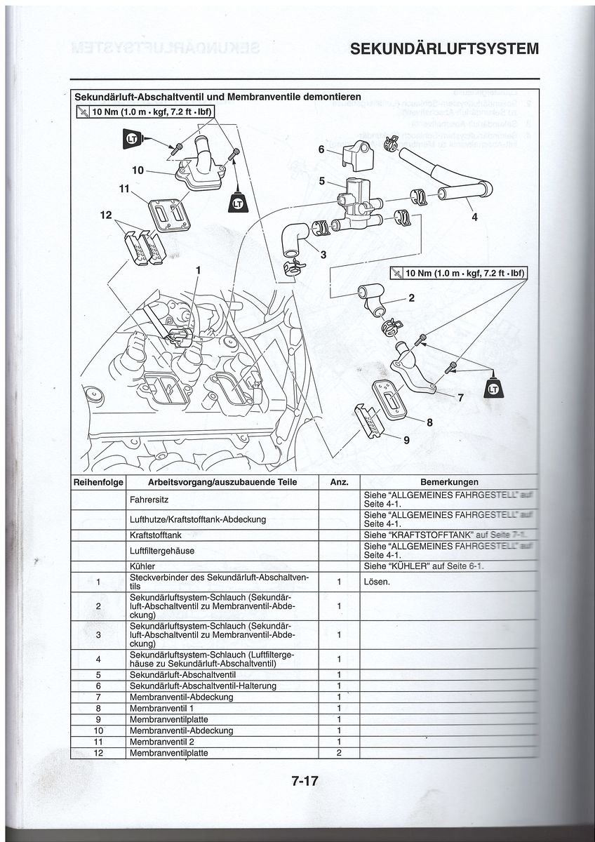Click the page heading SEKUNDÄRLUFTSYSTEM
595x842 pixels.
(x=444, y=49)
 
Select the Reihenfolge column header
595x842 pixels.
(x=99, y=482)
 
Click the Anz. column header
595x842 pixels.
(x=339, y=482)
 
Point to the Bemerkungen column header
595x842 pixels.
(x=449, y=482)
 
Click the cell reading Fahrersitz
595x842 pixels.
(x=149, y=500)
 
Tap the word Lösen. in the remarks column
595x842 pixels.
(x=377, y=582)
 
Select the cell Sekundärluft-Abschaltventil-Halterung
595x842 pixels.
(x=203, y=686)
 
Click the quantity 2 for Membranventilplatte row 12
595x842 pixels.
(x=339, y=753)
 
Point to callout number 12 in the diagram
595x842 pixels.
(x=106, y=215)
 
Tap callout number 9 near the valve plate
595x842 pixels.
(x=406, y=440)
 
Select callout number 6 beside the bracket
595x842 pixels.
(x=321, y=149)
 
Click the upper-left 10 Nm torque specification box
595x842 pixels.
(x=145, y=113)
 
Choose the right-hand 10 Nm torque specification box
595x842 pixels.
(x=458, y=273)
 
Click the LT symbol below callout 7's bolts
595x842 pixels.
(x=494, y=388)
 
